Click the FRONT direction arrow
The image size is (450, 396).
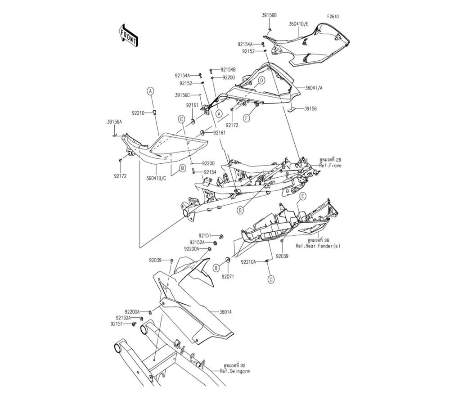128,36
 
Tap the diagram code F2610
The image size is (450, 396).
333,16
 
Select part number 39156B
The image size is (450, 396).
269,15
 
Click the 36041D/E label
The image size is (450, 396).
298,24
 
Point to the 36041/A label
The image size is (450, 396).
314,88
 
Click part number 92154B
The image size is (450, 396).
228,69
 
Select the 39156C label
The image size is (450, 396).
183,95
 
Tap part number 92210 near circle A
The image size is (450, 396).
138,113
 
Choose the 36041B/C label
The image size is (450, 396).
157,178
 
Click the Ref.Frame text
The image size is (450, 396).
331,166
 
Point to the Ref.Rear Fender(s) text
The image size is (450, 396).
318,246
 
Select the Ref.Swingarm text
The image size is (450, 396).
235,371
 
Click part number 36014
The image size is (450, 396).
225,312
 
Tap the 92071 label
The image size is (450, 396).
228,277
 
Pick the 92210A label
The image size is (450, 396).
248,262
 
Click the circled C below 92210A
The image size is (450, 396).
271,279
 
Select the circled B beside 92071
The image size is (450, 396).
216,268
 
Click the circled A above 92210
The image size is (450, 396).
150,91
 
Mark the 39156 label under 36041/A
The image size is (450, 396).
310,109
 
